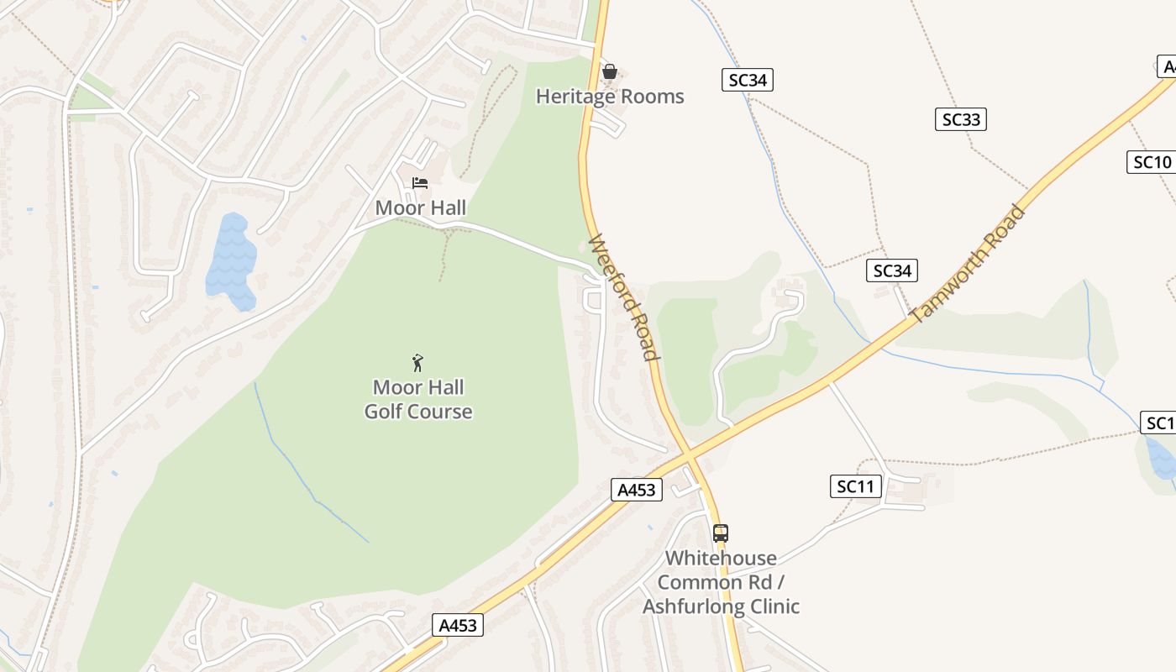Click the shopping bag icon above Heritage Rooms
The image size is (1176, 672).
610,71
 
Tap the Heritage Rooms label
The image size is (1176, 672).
610,97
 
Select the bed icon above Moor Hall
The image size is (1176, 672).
420,183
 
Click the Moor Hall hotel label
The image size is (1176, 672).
420,207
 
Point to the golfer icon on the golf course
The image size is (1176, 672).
417,363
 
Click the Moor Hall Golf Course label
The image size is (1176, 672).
418,400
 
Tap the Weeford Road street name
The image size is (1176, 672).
622,298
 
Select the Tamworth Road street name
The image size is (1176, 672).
968,264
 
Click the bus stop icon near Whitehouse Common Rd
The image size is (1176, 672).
720,533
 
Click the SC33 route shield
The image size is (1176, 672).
960,119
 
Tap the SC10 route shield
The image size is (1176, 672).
1152,162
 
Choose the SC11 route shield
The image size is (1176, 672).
855,486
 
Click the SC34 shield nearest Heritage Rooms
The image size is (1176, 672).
747,80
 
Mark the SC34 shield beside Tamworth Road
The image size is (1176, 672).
891,270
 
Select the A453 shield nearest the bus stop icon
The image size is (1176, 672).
635,490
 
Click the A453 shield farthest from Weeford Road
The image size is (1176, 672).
458,625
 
